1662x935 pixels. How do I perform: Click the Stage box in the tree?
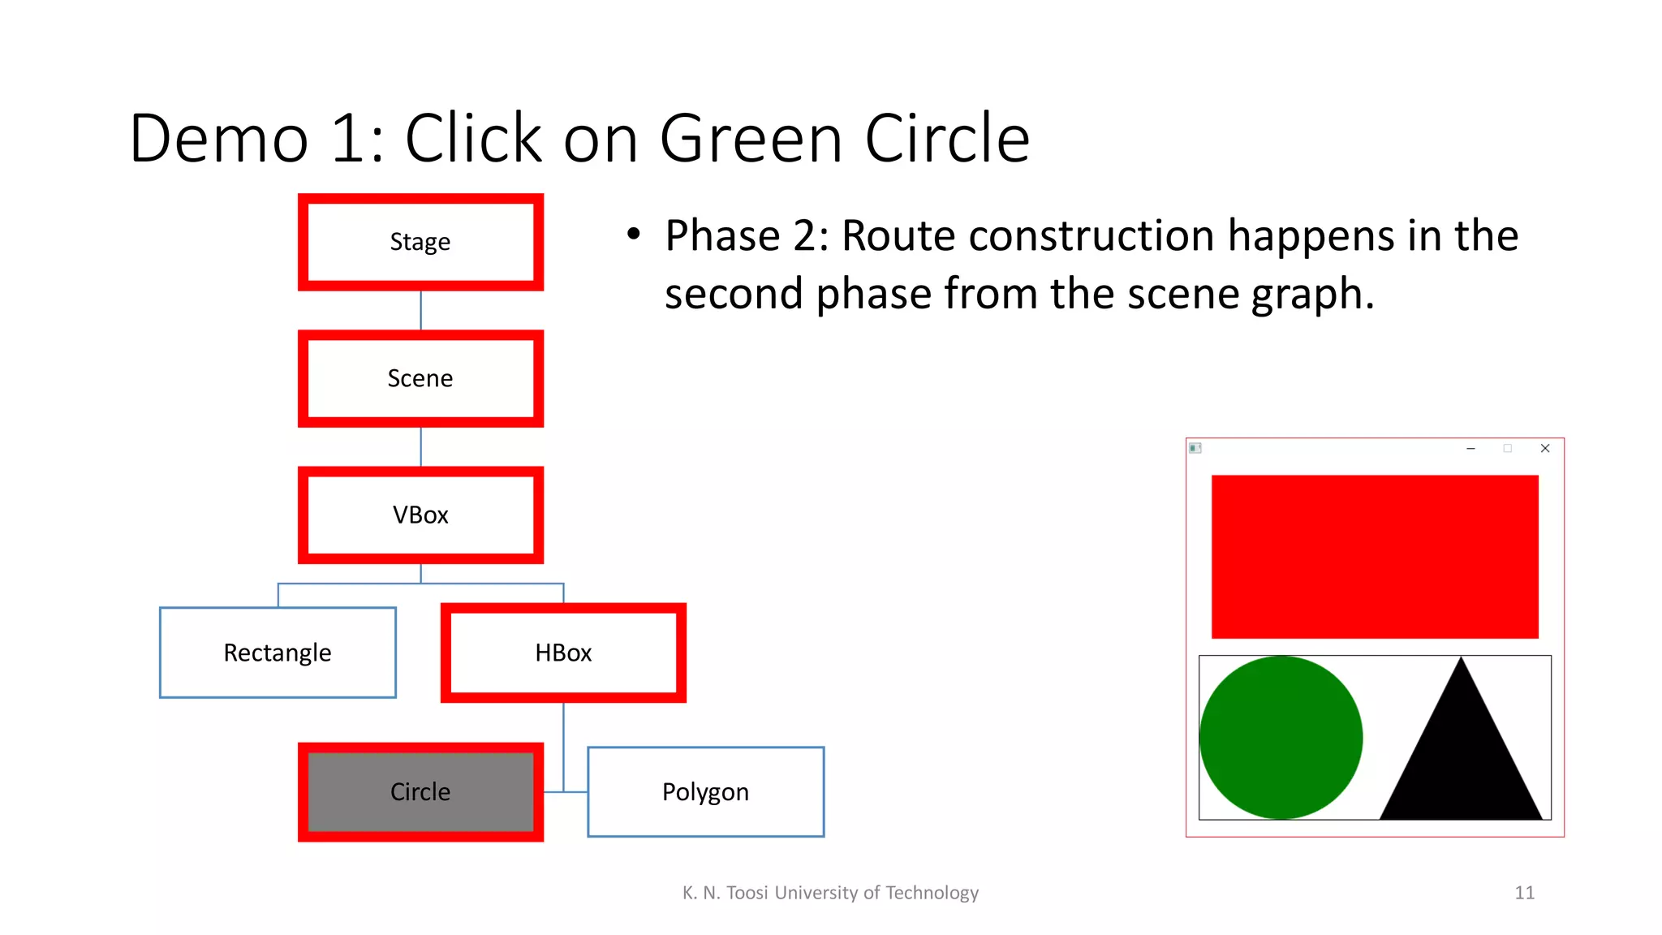point(420,242)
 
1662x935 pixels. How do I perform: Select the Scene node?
point(420,378)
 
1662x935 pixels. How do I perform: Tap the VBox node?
point(420,515)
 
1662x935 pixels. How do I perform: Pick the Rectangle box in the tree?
point(278,653)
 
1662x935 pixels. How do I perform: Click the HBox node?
point(563,653)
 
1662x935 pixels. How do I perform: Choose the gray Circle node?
point(420,791)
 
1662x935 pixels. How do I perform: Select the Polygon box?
point(705,791)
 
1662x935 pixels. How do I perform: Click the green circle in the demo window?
point(1281,737)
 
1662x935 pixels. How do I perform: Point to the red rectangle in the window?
point(1375,557)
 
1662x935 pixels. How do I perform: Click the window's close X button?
point(1545,448)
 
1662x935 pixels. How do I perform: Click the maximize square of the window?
point(1508,448)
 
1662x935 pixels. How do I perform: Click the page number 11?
point(1524,893)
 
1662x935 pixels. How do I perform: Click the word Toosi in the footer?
point(747,893)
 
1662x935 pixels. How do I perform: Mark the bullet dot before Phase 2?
point(634,235)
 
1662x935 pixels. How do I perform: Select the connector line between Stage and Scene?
point(420,310)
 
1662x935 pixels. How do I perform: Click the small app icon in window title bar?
point(1195,448)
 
